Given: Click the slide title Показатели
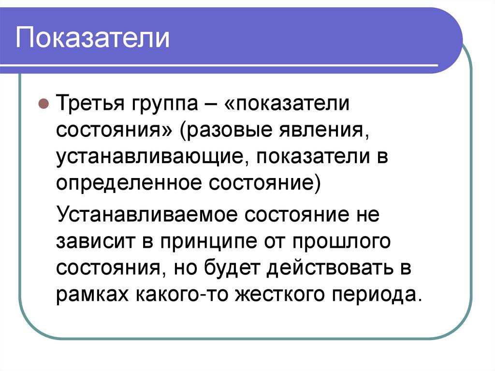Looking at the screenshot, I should [93, 38].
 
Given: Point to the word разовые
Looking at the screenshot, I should [223, 132].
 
